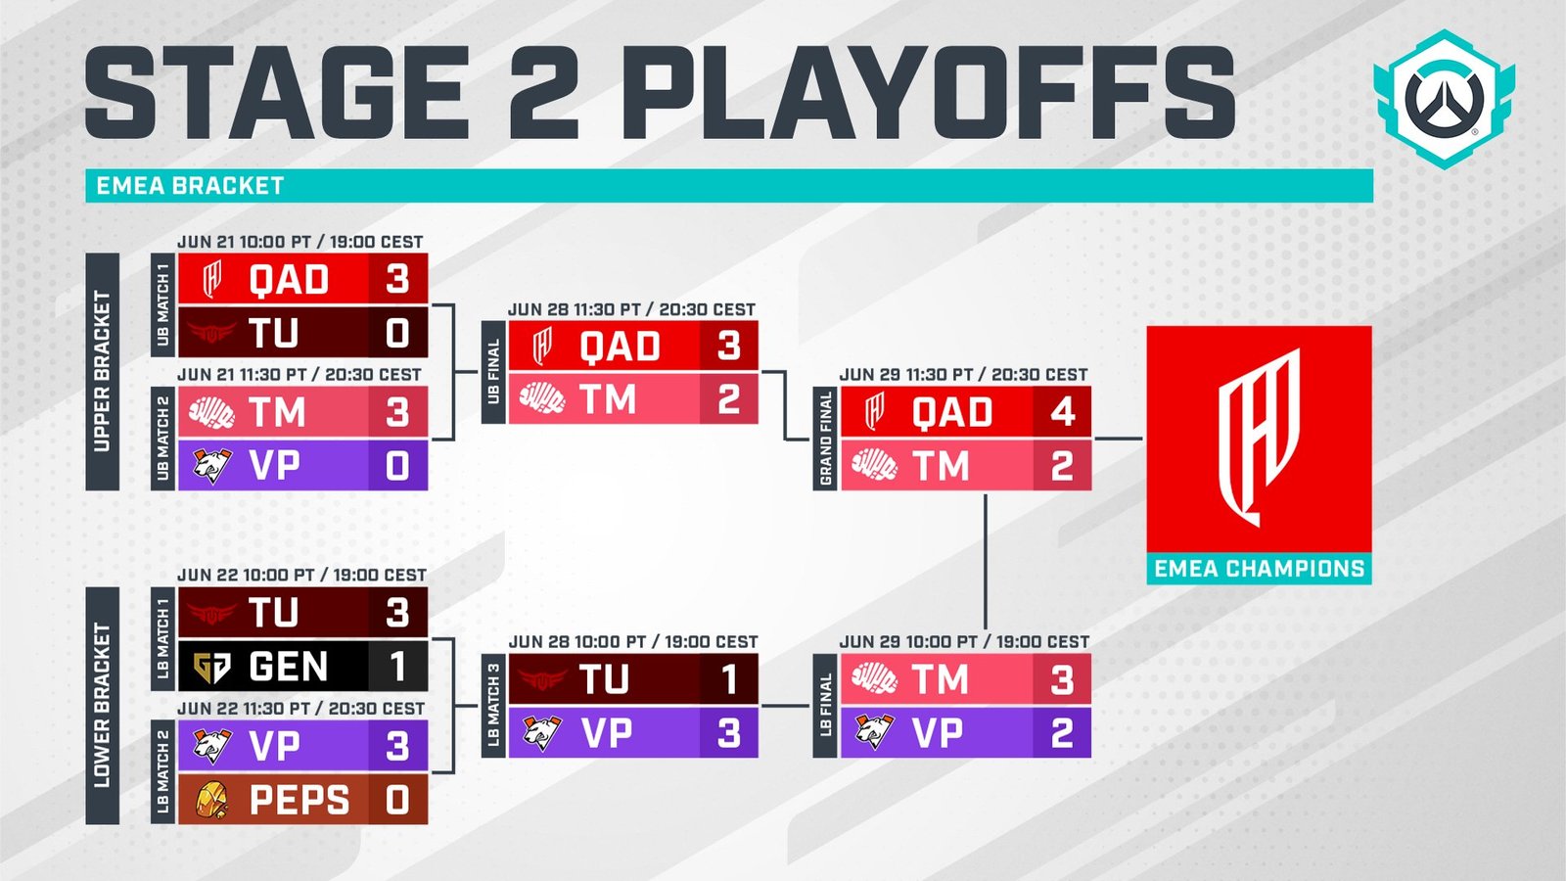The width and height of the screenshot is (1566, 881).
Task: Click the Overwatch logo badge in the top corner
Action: point(1445,99)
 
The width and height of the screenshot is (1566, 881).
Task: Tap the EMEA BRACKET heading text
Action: point(190,186)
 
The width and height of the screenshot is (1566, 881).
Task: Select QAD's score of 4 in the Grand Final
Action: point(1062,412)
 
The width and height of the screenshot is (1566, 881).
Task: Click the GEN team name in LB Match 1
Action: point(288,666)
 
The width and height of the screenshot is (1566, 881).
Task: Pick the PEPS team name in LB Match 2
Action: point(299,800)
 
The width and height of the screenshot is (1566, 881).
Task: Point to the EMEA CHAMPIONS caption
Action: point(1259,569)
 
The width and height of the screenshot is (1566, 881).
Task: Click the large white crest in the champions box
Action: point(1259,438)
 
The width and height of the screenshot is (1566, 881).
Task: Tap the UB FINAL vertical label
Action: point(493,372)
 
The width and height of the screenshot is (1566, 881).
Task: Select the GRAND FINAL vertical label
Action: point(825,439)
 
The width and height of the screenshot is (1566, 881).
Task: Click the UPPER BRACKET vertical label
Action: point(102,372)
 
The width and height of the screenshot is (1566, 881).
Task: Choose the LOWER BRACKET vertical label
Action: point(102,706)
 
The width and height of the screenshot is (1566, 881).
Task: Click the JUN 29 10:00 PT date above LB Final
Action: point(964,642)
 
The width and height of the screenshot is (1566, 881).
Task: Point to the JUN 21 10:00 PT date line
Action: point(299,242)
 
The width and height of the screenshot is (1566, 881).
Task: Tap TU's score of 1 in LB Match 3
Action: point(728,679)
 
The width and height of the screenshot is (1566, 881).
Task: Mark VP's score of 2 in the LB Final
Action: point(1062,733)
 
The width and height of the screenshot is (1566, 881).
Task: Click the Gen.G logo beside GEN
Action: point(211,667)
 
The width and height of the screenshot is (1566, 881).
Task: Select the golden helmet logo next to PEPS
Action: point(212,800)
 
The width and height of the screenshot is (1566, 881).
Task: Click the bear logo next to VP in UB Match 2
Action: point(211,466)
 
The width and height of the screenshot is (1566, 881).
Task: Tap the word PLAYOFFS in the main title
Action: point(931,92)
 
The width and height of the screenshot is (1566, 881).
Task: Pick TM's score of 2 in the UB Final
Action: point(728,399)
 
